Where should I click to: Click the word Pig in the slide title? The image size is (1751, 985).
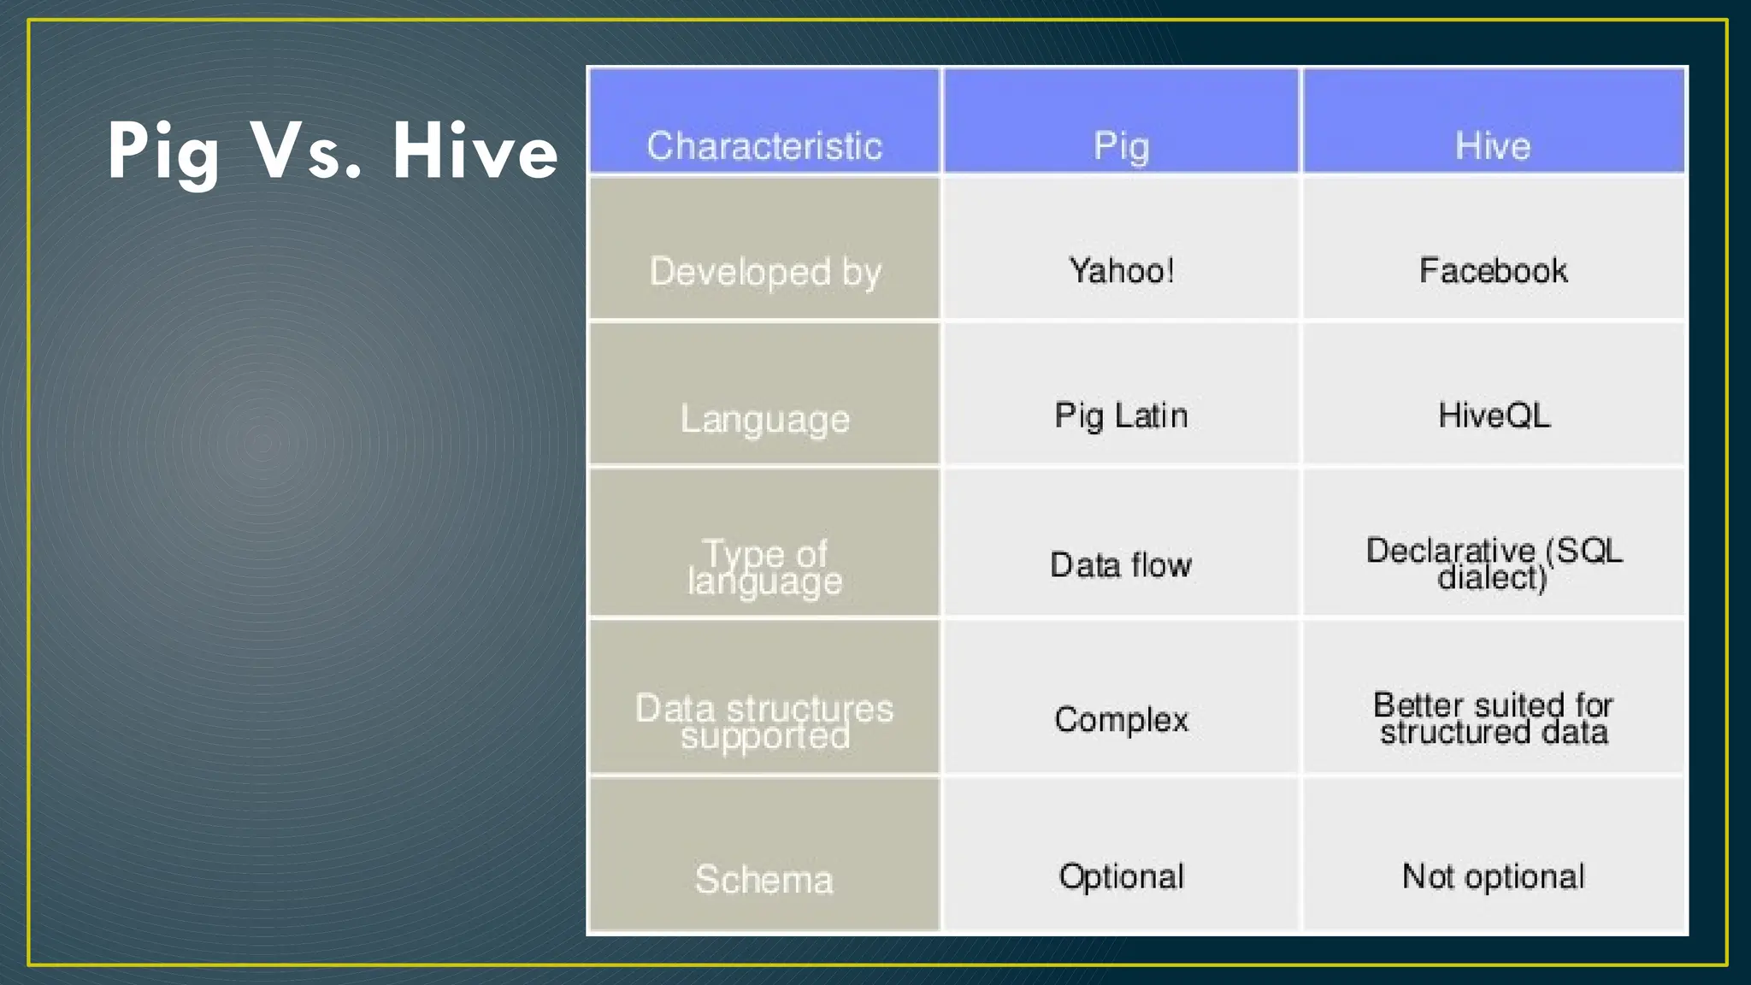[162, 152]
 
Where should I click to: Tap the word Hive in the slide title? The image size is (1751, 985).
[475, 152]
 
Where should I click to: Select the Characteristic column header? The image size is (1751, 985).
[764, 145]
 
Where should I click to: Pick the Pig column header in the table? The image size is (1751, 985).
[1121, 146]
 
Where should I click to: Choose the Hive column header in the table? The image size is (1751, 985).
[1493, 145]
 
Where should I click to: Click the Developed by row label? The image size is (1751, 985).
[764, 272]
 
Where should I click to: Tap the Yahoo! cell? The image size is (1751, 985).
[1121, 271]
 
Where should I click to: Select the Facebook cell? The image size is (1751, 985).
[1493, 271]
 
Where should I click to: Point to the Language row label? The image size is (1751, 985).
[764, 419]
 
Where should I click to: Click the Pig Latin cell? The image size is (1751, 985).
[1121, 416]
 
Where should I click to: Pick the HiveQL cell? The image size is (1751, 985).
[1493, 416]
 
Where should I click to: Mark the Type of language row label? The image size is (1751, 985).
[764, 567]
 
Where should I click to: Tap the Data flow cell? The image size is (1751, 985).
[1121, 565]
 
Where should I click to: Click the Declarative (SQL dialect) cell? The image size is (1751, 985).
[1493, 563]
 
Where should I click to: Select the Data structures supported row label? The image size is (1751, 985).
[764, 722]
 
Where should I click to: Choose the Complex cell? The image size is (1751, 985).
[1121, 719]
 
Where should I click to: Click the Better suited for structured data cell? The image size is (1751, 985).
[1493, 718]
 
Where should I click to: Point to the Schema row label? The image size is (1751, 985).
[764, 879]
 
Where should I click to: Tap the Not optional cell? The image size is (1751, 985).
[1493, 876]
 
